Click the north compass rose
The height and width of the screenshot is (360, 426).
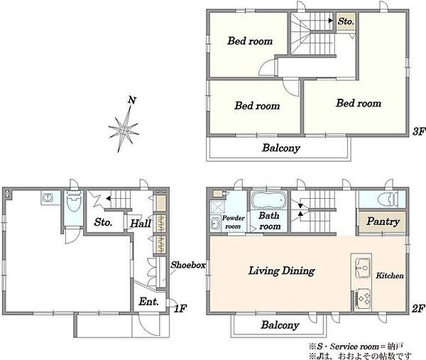pos(124,129)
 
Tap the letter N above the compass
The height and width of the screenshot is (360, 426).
pos(132,100)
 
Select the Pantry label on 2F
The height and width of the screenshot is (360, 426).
pos(383,222)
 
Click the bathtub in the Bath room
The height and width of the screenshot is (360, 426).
pos(268,200)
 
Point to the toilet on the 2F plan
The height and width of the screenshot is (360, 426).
pos(388,199)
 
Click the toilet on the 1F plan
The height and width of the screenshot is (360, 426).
pos(74,202)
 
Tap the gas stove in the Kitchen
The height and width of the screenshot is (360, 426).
pos(364,298)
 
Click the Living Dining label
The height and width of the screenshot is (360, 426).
pos(282,271)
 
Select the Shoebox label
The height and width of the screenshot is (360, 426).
pos(188,265)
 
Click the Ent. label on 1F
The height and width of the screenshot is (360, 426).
pos(148,301)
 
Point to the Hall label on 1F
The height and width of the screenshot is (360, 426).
pos(141,224)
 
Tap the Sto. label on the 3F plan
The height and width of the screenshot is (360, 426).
pos(346,21)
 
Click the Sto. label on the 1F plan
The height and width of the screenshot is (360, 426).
pos(103,222)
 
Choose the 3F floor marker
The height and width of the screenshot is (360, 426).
pos(418,132)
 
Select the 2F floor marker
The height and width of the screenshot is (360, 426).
pos(418,309)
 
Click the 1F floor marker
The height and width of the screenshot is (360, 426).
pos(180,309)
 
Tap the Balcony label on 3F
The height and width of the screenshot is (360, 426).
pos(281,148)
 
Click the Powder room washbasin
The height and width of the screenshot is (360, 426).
pos(215,224)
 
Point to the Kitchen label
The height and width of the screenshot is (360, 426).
pos(390,276)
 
